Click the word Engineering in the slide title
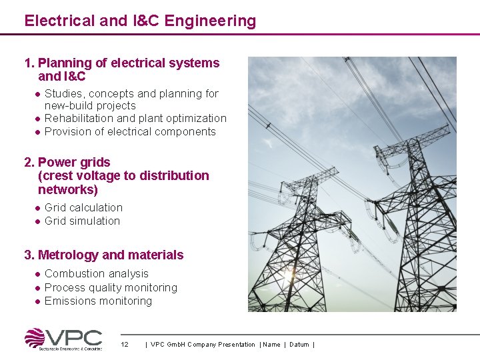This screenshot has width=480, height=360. (210, 21)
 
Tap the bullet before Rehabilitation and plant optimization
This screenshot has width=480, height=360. (39, 119)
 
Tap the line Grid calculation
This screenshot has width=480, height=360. (83, 208)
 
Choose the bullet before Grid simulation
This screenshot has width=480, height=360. (39, 221)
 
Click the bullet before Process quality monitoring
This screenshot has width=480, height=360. (39, 288)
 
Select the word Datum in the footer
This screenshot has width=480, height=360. (299, 345)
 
